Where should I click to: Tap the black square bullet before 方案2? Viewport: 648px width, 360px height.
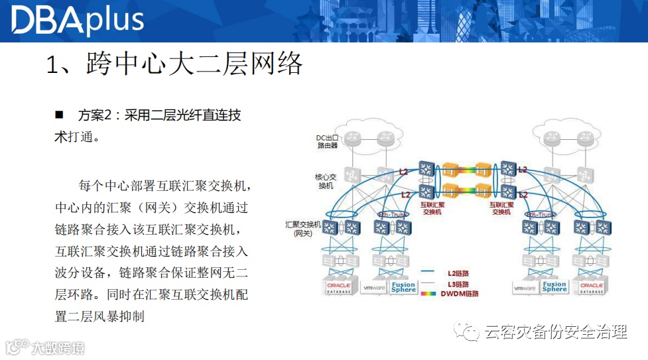click(59, 115)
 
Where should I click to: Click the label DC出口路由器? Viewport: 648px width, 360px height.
click(327, 141)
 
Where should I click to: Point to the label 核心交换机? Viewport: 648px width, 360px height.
click(326, 181)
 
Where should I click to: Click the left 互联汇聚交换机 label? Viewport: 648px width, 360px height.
click(432, 208)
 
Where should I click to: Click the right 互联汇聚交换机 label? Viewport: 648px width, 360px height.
click(501, 208)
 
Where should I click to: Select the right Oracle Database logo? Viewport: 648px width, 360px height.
click(592, 287)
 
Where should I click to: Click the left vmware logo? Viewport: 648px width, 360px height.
click(375, 288)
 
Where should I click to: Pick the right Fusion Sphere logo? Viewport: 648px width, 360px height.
click(554, 287)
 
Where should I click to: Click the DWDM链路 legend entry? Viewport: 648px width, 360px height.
click(458, 293)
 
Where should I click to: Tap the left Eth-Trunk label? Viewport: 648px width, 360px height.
click(391, 215)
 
